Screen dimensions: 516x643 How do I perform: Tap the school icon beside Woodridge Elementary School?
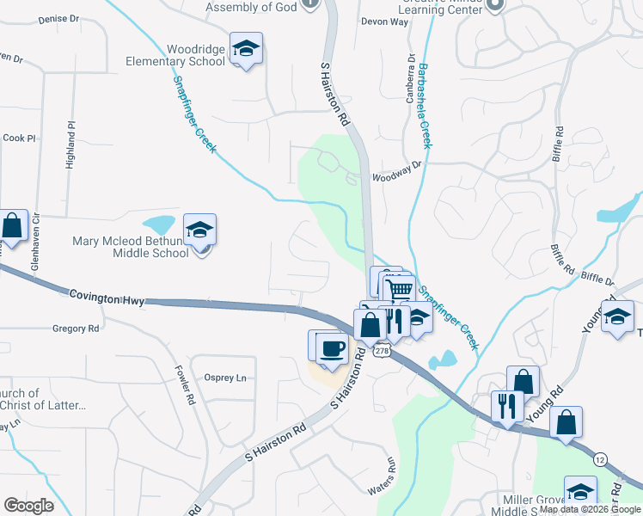pyautogui.click(x=246, y=49)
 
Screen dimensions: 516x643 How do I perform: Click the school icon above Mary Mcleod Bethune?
pyautogui.click(x=200, y=230)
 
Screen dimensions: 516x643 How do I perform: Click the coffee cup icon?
pyautogui.click(x=332, y=348)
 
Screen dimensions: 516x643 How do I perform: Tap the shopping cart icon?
pyautogui.click(x=399, y=290)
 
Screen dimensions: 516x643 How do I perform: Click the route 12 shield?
pyautogui.click(x=599, y=462)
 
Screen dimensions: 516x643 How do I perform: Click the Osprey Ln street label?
pyautogui.click(x=225, y=378)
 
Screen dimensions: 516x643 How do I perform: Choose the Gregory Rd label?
pyautogui.click(x=76, y=329)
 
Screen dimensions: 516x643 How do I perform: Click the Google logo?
pyautogui.click(x=28, y=506)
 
